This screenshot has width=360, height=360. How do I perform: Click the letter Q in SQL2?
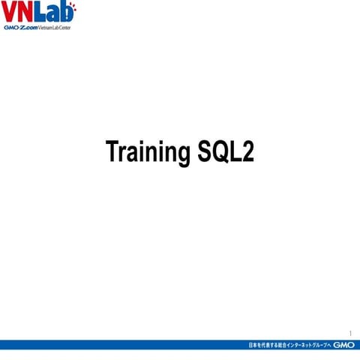[220, 151]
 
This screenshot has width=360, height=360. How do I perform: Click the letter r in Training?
[122, 153]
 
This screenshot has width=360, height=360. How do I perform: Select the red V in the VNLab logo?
[10, 13]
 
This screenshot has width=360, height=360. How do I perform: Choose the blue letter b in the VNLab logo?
[67, 13]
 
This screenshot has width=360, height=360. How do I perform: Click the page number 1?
[350, 333]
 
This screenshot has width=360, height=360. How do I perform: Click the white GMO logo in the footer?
[343, 345]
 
